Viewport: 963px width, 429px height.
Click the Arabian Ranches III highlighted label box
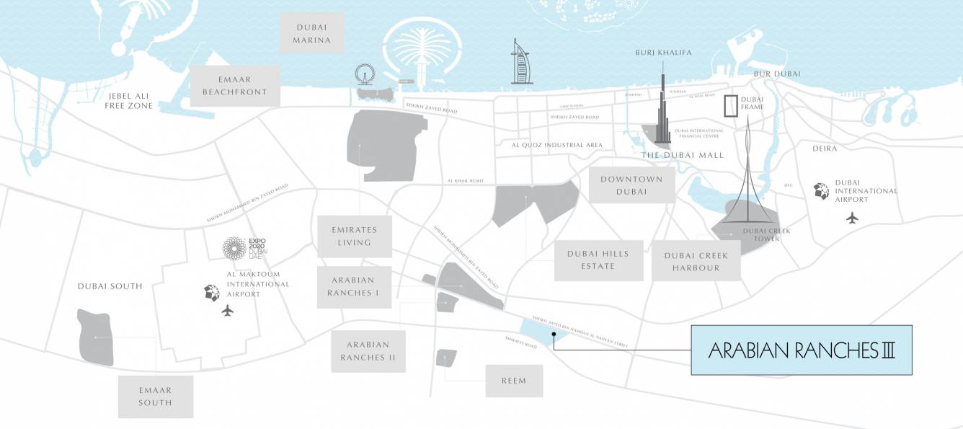click(802, 350)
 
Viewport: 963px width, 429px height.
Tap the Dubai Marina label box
click(312, 33)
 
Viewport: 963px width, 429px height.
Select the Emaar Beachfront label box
click(234, 86)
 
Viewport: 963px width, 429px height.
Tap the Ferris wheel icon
click(365, 74)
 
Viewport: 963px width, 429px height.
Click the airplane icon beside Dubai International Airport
click(853, 217)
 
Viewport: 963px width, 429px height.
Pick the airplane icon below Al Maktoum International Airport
click(228, 311)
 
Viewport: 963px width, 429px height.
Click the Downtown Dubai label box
click(631, 185)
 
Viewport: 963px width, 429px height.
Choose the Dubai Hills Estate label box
click(598, 260)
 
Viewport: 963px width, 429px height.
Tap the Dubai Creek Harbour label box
click(696, 262)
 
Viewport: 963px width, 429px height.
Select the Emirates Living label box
click(355, 236)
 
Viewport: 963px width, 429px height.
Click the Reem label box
click(514, 381)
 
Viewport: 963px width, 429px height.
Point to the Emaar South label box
click(156, 397)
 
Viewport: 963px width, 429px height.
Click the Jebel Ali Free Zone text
click(130, 101)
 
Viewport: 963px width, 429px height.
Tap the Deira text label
click(825, 149)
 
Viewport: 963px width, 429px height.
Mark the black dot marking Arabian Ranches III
click(554, 335)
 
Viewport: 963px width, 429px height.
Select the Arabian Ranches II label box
click(368, 351)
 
